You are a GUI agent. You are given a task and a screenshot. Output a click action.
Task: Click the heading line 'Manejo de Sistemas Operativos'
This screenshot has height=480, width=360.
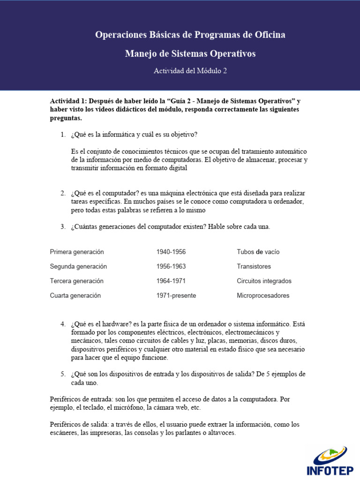pos(190,54)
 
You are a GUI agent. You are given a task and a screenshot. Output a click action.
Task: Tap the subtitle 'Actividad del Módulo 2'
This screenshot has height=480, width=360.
pos(190,71)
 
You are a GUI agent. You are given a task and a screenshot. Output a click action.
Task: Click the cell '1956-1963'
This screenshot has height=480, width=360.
pos(171,266)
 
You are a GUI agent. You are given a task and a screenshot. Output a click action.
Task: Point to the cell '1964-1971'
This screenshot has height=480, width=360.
pos(171,281)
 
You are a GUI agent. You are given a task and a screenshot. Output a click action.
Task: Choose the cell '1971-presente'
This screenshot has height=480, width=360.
pos(176,295)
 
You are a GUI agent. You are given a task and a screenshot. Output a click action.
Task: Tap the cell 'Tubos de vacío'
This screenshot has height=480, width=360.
pos(258,252)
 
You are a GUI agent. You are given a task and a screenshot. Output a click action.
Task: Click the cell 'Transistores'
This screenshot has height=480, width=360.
pos(254,266)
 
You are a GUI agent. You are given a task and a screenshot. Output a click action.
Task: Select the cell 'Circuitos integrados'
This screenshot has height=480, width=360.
pos(264,281)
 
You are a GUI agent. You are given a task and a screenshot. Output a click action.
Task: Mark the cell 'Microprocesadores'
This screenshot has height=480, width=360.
pos(263,295)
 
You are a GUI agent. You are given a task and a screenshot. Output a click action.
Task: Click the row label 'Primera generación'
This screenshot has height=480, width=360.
pos(77,252)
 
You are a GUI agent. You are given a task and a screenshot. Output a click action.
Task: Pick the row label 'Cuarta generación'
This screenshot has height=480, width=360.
pos(75,295)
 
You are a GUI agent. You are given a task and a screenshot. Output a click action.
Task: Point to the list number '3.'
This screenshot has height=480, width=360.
pos(63,227)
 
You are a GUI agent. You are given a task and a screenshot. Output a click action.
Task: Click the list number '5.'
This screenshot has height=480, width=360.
pos(63,374)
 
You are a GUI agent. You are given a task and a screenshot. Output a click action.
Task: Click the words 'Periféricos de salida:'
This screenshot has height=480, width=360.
pos(79,424)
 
